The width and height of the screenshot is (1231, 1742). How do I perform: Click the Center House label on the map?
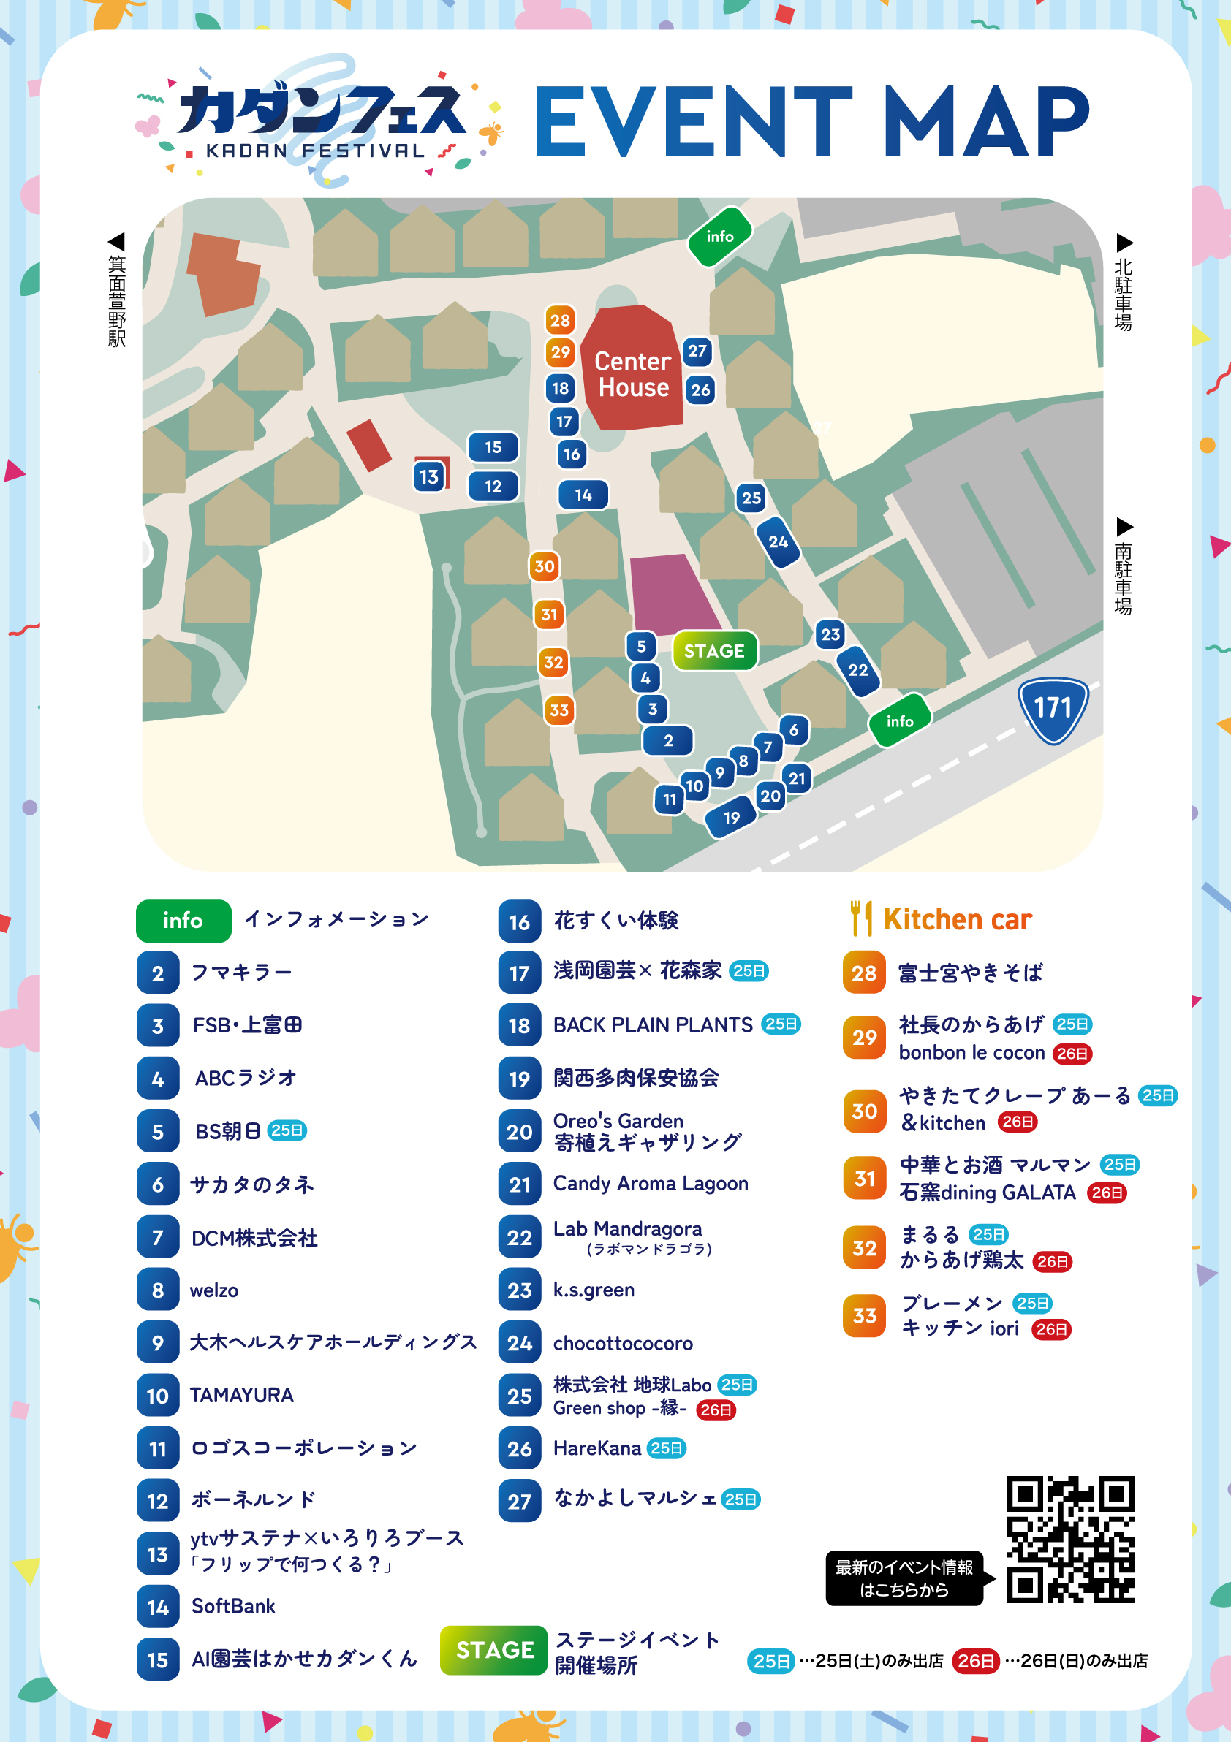[x=633, y=374]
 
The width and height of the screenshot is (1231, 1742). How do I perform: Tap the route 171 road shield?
[x=1053, y=709]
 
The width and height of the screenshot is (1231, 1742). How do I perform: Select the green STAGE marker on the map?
[x=714, y=651]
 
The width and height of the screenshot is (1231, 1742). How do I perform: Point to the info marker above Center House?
[x=719, y=237]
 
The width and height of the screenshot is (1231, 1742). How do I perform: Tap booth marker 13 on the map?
[x=429, y=476]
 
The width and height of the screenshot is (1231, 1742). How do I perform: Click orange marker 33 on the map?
[x=558, y=710]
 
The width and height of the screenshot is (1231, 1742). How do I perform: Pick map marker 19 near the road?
[x=731, y=818]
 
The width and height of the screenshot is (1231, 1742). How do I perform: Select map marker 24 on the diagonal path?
[x=778, y=541]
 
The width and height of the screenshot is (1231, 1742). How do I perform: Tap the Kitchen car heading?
[x=957, y=919]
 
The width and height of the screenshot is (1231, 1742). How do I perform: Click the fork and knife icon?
[x=860, y=918]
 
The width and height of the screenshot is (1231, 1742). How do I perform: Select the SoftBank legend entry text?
[x=233, y=1606]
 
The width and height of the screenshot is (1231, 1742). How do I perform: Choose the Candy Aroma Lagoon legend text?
[x=651, y=1184]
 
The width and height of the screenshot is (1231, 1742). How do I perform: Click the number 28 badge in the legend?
[x=863, y=973]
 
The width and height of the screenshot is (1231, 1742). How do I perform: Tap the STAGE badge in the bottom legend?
[x=494, y=1649]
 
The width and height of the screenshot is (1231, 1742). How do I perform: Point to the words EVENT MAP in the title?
[x=812, y=121]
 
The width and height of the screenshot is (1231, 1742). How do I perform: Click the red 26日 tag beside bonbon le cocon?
[x=1072, y=1053]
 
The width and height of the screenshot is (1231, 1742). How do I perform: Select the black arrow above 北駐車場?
[x=1124, y=243]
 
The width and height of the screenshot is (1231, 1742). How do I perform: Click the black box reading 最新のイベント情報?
[x=904, y=1579]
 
